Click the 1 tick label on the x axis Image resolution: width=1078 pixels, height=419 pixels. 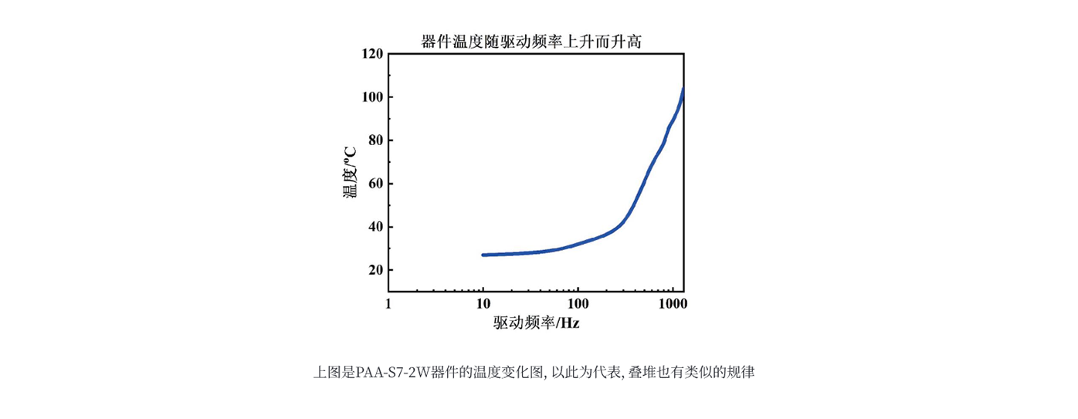click(388, 304)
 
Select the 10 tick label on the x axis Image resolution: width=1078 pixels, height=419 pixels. click(483, 304)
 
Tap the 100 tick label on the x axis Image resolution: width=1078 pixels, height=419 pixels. click(578, 304)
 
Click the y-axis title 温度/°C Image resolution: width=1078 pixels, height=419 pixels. click(350, 173)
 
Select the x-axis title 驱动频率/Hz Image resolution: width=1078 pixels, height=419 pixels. click(536, 323)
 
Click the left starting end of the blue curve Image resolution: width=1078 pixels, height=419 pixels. click(483, 255)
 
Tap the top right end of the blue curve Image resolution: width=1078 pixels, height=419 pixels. click(683, 90)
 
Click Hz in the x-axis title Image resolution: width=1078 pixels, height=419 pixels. click(570, 323)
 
